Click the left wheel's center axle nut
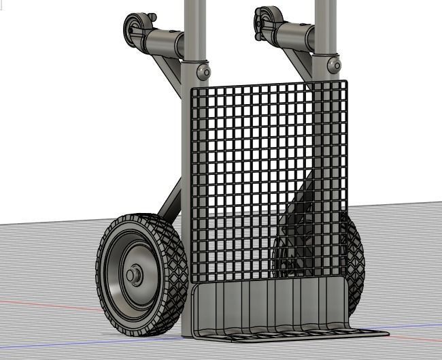point(133,275)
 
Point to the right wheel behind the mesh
point(354,259)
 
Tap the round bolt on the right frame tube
point(333,65)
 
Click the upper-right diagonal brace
point(299,64)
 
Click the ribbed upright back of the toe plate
point(272,302)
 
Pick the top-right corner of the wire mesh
point(345,83)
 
